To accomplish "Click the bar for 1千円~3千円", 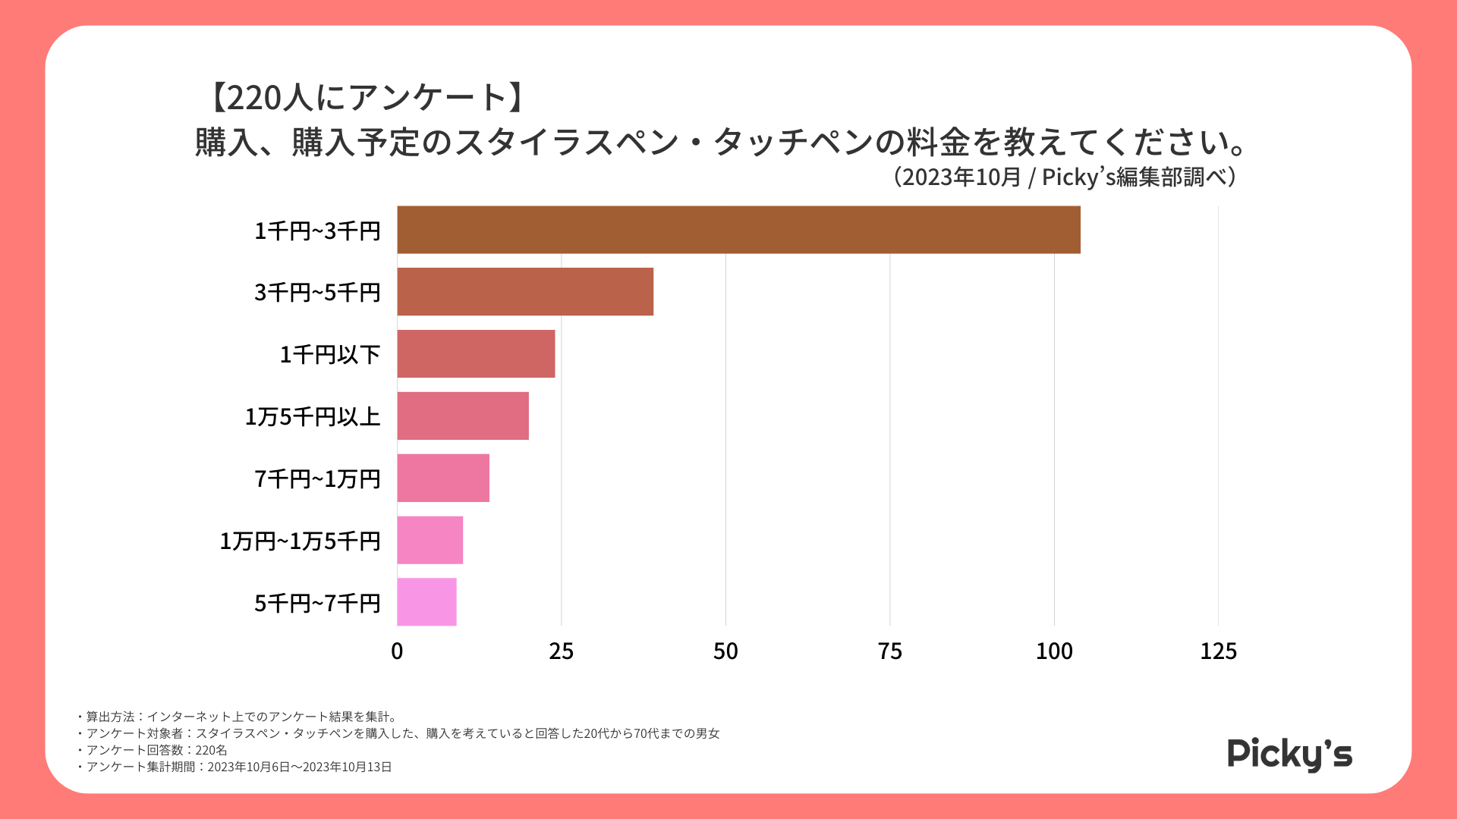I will click(x=738, y=230).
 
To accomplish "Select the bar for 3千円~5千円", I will click(x=525, y=292).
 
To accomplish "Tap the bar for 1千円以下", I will click(x=476, y=354).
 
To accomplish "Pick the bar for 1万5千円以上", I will click(x=463, y=416).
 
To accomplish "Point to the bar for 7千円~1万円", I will click(x=443, y=479).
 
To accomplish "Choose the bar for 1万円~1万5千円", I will click(x=430, y=541).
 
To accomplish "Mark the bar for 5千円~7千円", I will click(x=426, y=602).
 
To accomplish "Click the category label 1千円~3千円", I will click(x=317, y=231).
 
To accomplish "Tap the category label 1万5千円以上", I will click(x=313, y=417).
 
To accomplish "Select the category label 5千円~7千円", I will click(x=317, y=604).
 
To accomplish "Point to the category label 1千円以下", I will click(x=330, y=355).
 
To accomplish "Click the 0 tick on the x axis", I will click(x=397, y=651).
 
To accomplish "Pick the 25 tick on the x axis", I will click(x=562, y=651).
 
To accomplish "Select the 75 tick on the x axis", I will click(x=890, y=651).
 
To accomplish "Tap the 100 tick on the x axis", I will click(x=1054, y=651).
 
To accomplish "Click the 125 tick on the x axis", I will click(x=1218, y=651).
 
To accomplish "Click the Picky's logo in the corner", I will click(x=1289, y=754).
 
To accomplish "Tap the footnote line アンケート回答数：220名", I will click(x=156, y=750).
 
